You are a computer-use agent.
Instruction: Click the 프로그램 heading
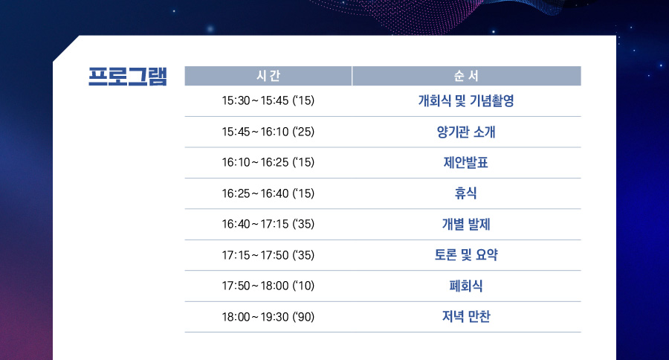click(x=128, y=77)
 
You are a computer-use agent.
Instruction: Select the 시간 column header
click(x=268, y=76)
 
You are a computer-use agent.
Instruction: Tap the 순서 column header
click(x=466, y=76)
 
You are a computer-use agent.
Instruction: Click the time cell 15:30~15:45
click(x=268, y=100)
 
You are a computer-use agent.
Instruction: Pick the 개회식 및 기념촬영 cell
click(x=466, y=100)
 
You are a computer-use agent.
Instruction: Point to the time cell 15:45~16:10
click(x=268, y=132)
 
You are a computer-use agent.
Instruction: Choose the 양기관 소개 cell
click(x=466, y=132)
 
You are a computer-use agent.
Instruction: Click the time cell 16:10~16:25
click(x=268, y=162)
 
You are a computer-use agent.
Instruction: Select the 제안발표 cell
click(x=466, y=162)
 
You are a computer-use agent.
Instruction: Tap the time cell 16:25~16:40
click(x=268, y=193)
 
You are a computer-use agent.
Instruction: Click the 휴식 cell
click(x=466, y=193)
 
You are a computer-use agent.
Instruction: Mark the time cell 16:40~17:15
click(x=268, y=224)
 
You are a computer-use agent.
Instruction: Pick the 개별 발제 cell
click(x=466, y=224)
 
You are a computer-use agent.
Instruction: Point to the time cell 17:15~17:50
click(x=268, y=255)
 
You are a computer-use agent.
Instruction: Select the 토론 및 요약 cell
click(x=466, y=255)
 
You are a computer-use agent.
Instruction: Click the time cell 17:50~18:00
click(x=268, y=286)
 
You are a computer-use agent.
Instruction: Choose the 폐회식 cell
click(x=466, y=286)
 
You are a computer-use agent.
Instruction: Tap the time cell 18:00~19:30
click(x=268, y=317)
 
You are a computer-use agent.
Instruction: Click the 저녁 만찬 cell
click(x=466, y=316)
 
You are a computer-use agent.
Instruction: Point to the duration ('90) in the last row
click(x=303, y=317)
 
